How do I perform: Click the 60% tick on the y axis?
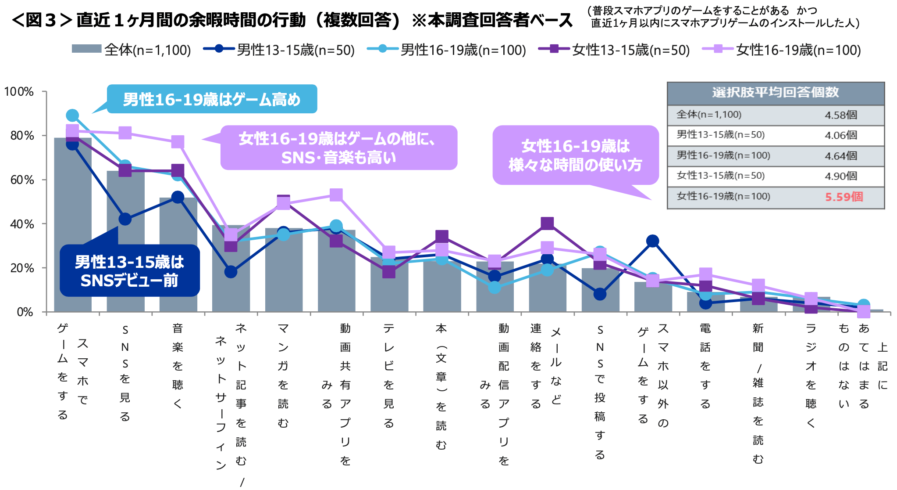click(x=22, y=180)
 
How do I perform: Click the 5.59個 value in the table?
click(x=844, y=197)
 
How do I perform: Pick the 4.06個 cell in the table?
click(x=841, y=135)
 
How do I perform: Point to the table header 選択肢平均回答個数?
click(x=775, y=93)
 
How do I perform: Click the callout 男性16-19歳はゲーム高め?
click(x=212, y=99)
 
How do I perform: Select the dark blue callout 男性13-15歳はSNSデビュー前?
click(x=129, y=270)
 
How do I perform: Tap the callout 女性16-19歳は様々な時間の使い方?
click(x=575, y=155)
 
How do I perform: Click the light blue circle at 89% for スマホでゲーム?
click(x=72, y=115)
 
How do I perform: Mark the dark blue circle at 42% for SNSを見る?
click(x=125, y=219)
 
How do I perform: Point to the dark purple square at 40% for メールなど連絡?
click(x=547, y=223)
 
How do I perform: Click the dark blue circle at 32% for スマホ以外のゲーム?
click(x=652, y=241)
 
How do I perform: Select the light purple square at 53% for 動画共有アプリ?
click(x=336, y=195)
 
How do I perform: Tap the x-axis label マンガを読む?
click(x=283, y=375)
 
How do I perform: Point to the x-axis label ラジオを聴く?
click(x=811, y=375)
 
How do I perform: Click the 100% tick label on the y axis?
click(x=19, y=92)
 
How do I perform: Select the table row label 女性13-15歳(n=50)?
click(x=720, y=176)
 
